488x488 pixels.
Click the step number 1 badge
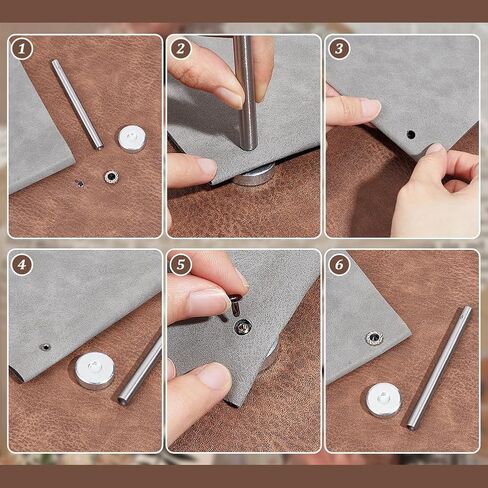pyautogui.click(x=22, y=49)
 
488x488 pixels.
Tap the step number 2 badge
pyautogui.click(x=180, y=49)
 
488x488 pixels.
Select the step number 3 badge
pyautogui.click(x=339, y=49)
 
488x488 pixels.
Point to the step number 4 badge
pyautogui.click(x=22, y=265)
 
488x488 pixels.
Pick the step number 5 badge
pyautogui.click(x=180, y=265)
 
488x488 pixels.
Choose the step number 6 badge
pyautogui.click(x=339, y=265)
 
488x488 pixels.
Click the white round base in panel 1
pyautogui.click(x=132, y=139)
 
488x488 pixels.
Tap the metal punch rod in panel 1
pyautogui.click(x=77, y=104)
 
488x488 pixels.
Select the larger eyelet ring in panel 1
pyautogui.click(x=111, y=177)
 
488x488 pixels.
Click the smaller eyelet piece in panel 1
pyautogui.click(x=80, y=183)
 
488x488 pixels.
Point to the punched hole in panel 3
pyautogui.click(x=411, y=135)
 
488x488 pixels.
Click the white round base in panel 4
pyautogui.click(x=95, y=371)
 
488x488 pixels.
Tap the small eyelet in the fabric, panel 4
pyautogui.click(x=45, y=347)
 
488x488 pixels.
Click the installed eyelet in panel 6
pyautogui.click(x=373, y=339)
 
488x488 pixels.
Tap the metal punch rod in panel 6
pyautogui.click(x=439, y=368)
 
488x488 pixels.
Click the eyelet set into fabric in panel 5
pyautogui.click(x=243, y=327)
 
